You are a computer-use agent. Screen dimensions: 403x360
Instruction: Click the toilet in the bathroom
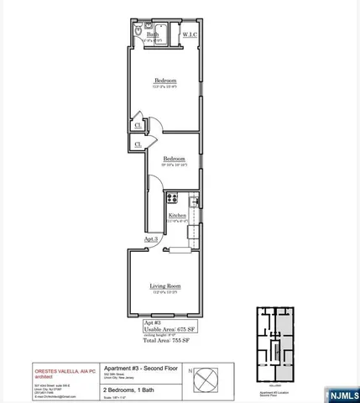coord(138,29)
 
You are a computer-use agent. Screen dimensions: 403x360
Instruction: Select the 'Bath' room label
coord(152,34)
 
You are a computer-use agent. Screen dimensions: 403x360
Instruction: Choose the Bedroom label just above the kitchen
coord(175,158)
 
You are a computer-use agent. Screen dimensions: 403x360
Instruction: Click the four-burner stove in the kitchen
coord(172,199)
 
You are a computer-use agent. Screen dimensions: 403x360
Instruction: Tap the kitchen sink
coord(194,202)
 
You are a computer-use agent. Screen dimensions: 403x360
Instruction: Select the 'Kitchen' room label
coord(177,216)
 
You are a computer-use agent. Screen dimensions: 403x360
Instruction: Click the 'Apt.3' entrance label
coord(151,239)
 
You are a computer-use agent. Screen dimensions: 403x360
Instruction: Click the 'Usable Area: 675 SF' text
coord(165,328)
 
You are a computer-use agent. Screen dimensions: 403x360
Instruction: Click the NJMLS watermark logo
coord(337,392)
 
